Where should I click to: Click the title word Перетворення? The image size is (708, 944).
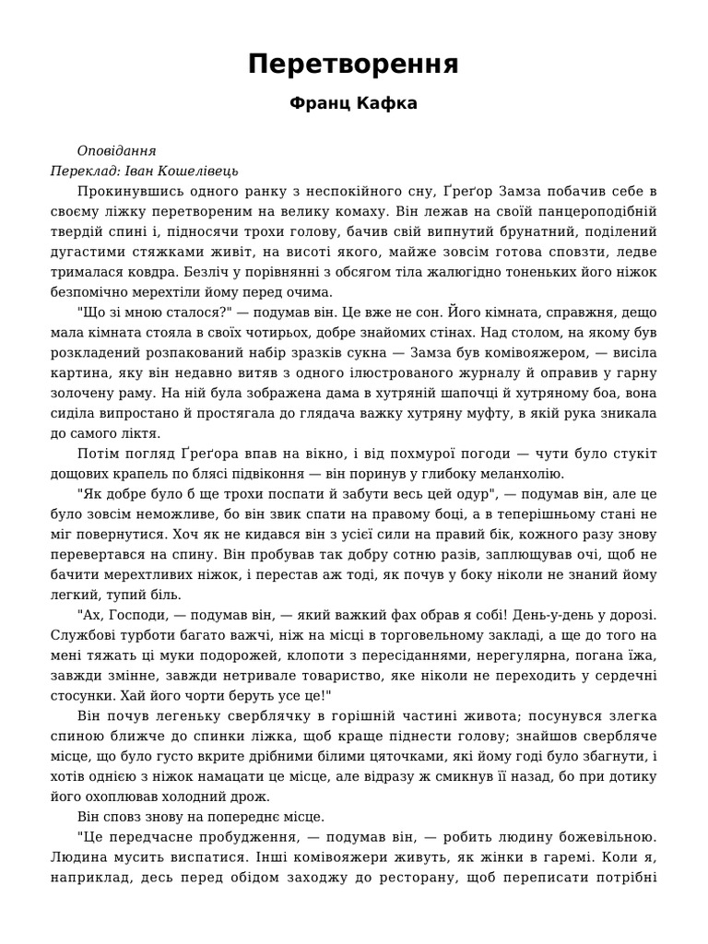tap(353, 65)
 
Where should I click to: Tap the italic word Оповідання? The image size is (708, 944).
tap(117, 151)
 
